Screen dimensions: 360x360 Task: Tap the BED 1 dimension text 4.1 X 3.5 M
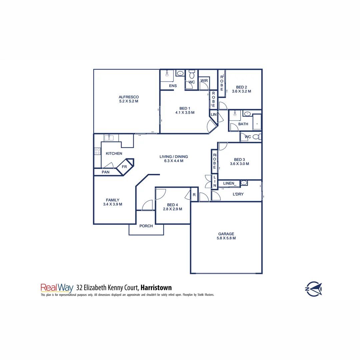(x=185, y=113)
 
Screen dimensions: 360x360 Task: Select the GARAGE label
(x=226, y=234)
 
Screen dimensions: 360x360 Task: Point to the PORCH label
(x=146, y=226)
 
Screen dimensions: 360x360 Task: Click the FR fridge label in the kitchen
(x=124, y=167)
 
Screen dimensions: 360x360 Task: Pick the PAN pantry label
(x=106, y=172)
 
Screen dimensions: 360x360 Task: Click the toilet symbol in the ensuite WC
(x=192, y=73)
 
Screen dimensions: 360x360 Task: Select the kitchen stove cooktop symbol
(x=97, y=151)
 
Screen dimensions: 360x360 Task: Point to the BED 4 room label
(x=172, y=205)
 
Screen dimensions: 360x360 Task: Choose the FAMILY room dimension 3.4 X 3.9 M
(x=113, y=204)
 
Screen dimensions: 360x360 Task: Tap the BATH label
(x=243, y=124)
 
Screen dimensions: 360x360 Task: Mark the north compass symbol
(x=314, y=288)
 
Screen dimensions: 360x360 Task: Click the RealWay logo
(x=57, y=288)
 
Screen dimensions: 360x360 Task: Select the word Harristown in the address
(x=156, y=288)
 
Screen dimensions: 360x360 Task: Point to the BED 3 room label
(x=239, y=159)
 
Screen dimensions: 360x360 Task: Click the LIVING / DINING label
(x=174, y=157)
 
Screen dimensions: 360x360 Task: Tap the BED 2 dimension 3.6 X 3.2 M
(x=241, y=91)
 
